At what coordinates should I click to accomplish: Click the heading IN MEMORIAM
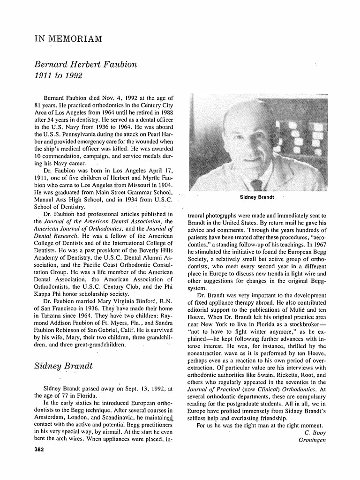coord(68,38)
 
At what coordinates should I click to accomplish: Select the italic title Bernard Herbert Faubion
coord(86,64)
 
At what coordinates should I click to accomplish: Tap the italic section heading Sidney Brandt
coord(63,366)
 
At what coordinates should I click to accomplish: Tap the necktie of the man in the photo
coord(256,185)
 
